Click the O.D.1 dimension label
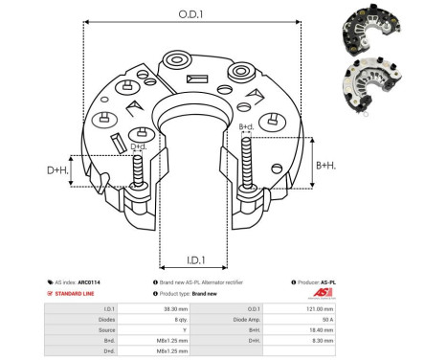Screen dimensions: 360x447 (191, 13)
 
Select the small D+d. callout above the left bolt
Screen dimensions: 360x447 (139, 146)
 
